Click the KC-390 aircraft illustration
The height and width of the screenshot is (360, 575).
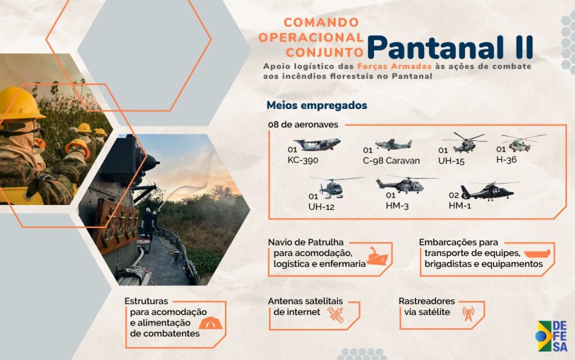[317, 144]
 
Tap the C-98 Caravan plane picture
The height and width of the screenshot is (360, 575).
[393, 144]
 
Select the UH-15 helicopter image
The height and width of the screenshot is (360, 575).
[465, 143]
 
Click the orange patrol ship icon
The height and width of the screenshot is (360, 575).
[377, 256]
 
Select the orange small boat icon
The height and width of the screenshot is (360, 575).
[537, 254]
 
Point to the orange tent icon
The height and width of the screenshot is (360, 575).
[211, 323]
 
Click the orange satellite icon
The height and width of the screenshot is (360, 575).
[336, 315]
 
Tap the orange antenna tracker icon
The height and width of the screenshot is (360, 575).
[468, 314]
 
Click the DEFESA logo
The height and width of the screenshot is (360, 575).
[551, 336]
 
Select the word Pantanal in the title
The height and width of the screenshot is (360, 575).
[435, 48]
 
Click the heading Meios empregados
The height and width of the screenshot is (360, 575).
[317, 106]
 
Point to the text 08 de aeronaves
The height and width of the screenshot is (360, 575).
[303, 125]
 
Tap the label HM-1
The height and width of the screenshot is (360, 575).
[460, 206]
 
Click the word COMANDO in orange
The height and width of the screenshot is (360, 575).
[321, 22]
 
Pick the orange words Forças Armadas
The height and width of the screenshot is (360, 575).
[395, 66]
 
